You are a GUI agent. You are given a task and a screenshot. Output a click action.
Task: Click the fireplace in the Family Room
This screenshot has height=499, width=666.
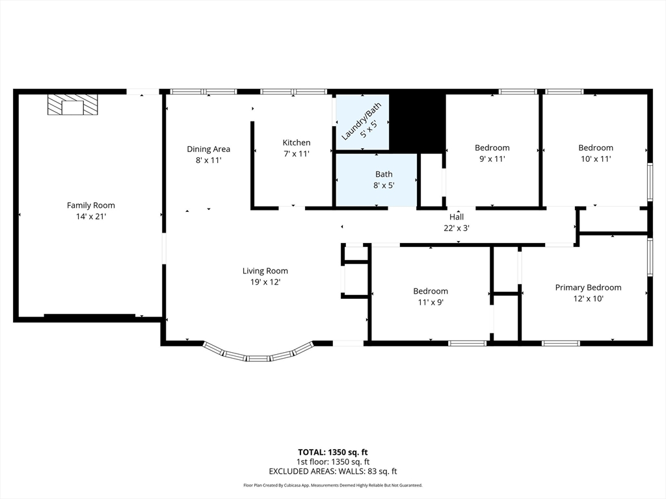click(x=73, y=105)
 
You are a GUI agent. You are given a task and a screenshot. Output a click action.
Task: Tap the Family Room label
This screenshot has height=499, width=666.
click(x=91, y=205)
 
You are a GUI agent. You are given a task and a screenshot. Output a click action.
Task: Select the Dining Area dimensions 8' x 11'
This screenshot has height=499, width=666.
click(x=209, y=160)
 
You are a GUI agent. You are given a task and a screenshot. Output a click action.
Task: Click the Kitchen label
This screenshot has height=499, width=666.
click(x=297, y=142)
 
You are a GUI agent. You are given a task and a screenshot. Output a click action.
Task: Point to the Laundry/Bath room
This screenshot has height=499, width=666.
click(x=362, y=122)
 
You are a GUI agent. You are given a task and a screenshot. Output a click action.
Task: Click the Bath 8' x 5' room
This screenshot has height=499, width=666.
click(x=377, y=181)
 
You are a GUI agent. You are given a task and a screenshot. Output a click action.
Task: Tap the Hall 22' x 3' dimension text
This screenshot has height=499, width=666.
click(x=457, y=228)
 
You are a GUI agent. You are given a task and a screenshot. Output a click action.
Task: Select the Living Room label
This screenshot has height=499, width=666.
click(x=265, y=271)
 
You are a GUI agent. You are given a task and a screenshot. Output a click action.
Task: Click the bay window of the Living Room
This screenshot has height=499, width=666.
click(x=258, y=355)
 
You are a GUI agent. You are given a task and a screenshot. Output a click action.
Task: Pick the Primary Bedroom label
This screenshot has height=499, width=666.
click(x=588, y=288)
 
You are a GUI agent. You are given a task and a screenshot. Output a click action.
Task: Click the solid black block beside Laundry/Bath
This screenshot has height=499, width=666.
click(x=417, y=122)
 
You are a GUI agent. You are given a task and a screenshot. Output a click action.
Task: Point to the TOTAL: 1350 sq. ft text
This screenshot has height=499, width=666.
click(x=332, y=452)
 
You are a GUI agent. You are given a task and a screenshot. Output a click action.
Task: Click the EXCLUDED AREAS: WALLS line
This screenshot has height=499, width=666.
click(x=333, y=472)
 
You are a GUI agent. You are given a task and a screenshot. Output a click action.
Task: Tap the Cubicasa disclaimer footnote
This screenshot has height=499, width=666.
click(x=333, y=485)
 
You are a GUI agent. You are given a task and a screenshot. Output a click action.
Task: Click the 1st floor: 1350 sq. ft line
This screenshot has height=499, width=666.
click(x=333, y=462)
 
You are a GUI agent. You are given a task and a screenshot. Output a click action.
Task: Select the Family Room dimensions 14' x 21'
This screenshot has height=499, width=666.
click(x=91, y=216)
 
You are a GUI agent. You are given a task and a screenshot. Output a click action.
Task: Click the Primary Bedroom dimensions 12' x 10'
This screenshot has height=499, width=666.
click(x=588, y=299)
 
